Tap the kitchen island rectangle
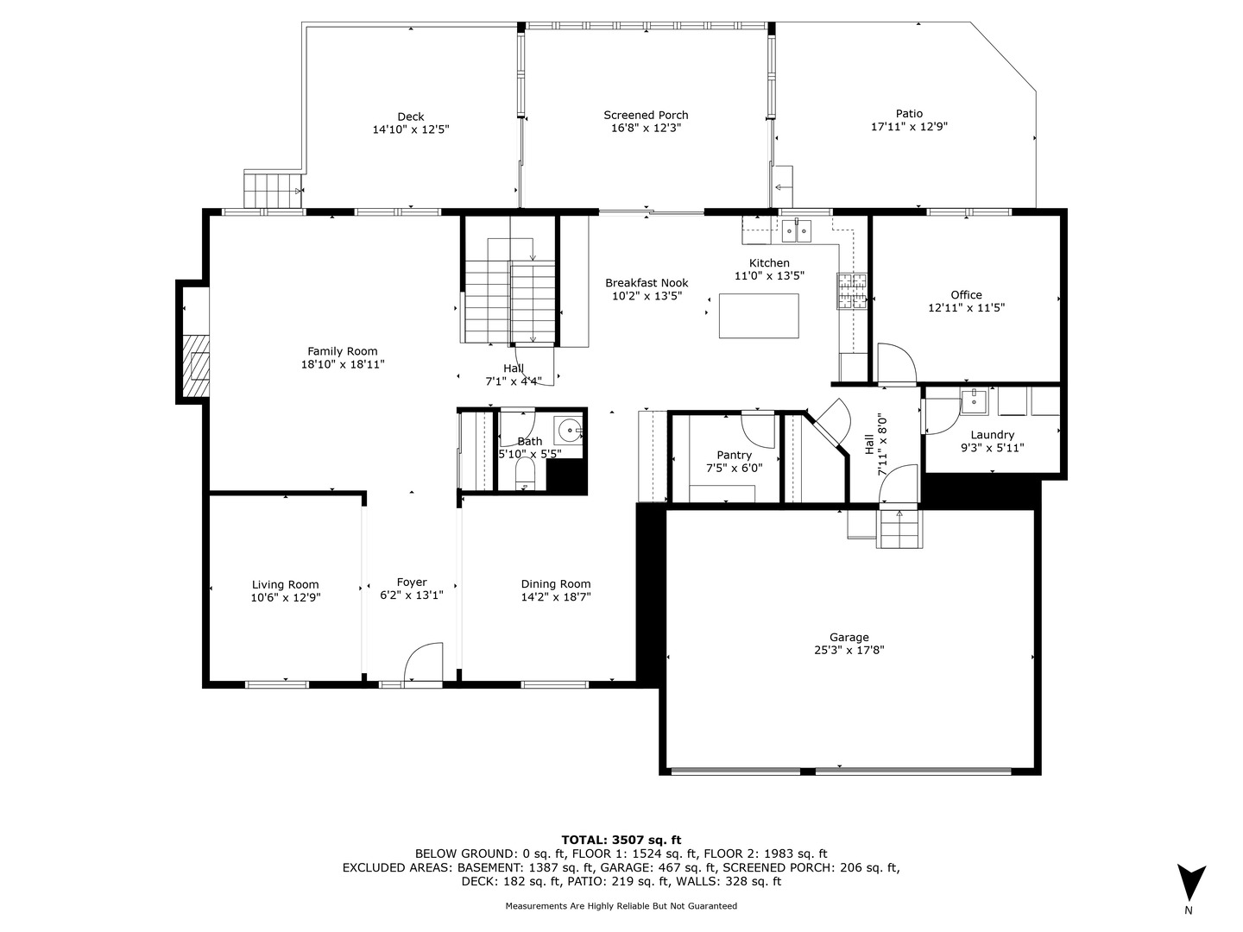coord(759,316)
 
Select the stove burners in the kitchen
coord(852,291)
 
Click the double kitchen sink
coord(796,231)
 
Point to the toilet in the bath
coord(525,473)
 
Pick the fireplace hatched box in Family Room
coord(196,366)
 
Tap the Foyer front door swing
coord(423,661)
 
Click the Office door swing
coord(897,362)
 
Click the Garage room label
coord(849,637)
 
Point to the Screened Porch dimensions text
coord(646,128)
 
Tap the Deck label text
coord(411,116)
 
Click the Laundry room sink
coord(974,402)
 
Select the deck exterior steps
coord(273,190)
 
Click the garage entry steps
coord(899,529)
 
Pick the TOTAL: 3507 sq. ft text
coord(621,840)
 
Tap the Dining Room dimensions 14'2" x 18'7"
coord(556,596)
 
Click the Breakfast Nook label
coord(647,282)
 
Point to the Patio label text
coord(909,113)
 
